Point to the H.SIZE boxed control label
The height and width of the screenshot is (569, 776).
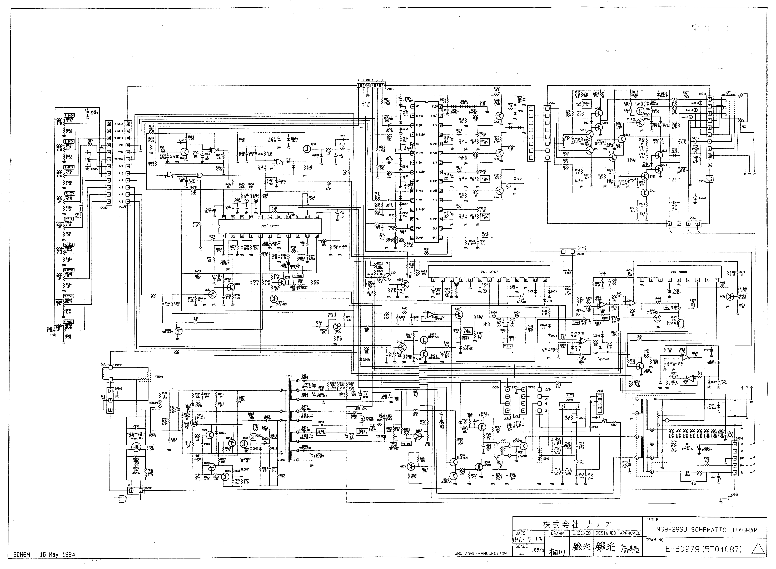coord(68,244)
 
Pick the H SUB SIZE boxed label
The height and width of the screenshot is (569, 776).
coord(743,289)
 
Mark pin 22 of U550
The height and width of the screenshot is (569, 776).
coord(223,217)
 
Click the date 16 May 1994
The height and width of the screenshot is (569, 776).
coord(57,555)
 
